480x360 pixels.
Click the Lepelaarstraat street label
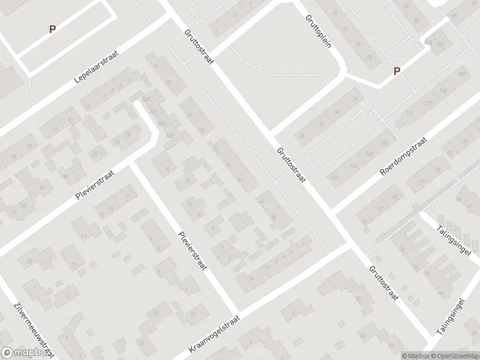coord(97,67)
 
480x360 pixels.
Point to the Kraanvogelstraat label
coord(214,334)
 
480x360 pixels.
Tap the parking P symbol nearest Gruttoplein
coord(396,71)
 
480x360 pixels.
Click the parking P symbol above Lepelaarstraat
coord(52,28)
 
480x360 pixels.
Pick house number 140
coord(334,178)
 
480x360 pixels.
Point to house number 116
coord(410,113)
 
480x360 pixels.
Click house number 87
coord(380,208)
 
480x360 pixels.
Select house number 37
coord(321,124)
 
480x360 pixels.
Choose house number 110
coord(427,103)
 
